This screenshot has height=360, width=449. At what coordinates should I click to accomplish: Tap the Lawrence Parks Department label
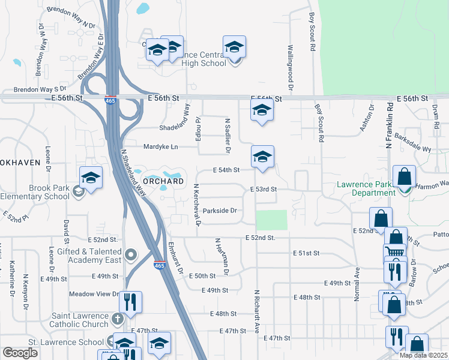coord(366,188)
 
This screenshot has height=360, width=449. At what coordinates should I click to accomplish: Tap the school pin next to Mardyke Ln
coord(262,157)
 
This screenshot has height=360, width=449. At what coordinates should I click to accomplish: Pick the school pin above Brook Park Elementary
coord(91,177)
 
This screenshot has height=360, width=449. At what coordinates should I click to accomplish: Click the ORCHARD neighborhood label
coord(163,181)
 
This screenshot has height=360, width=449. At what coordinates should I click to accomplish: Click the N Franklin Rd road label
coord(389,126)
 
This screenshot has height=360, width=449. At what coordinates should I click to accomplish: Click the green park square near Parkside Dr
coord(272,220)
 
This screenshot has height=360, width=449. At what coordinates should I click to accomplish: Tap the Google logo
coord(20,353)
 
